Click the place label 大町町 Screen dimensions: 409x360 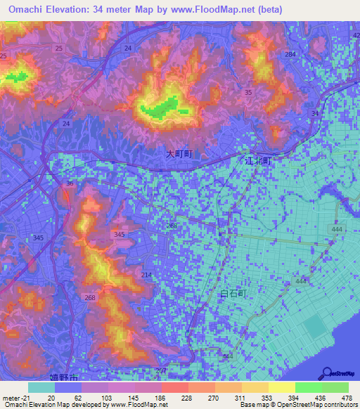coord(179,152)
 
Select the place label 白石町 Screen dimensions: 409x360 coord(234,294)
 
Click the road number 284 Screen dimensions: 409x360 coord(290,54)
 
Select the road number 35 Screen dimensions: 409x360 coord(248,93)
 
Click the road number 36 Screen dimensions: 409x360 coord(69,183)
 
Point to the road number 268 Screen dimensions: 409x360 coord(90,297)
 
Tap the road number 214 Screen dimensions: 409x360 coord(146,275)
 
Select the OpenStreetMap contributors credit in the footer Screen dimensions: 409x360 coord(307,405)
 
